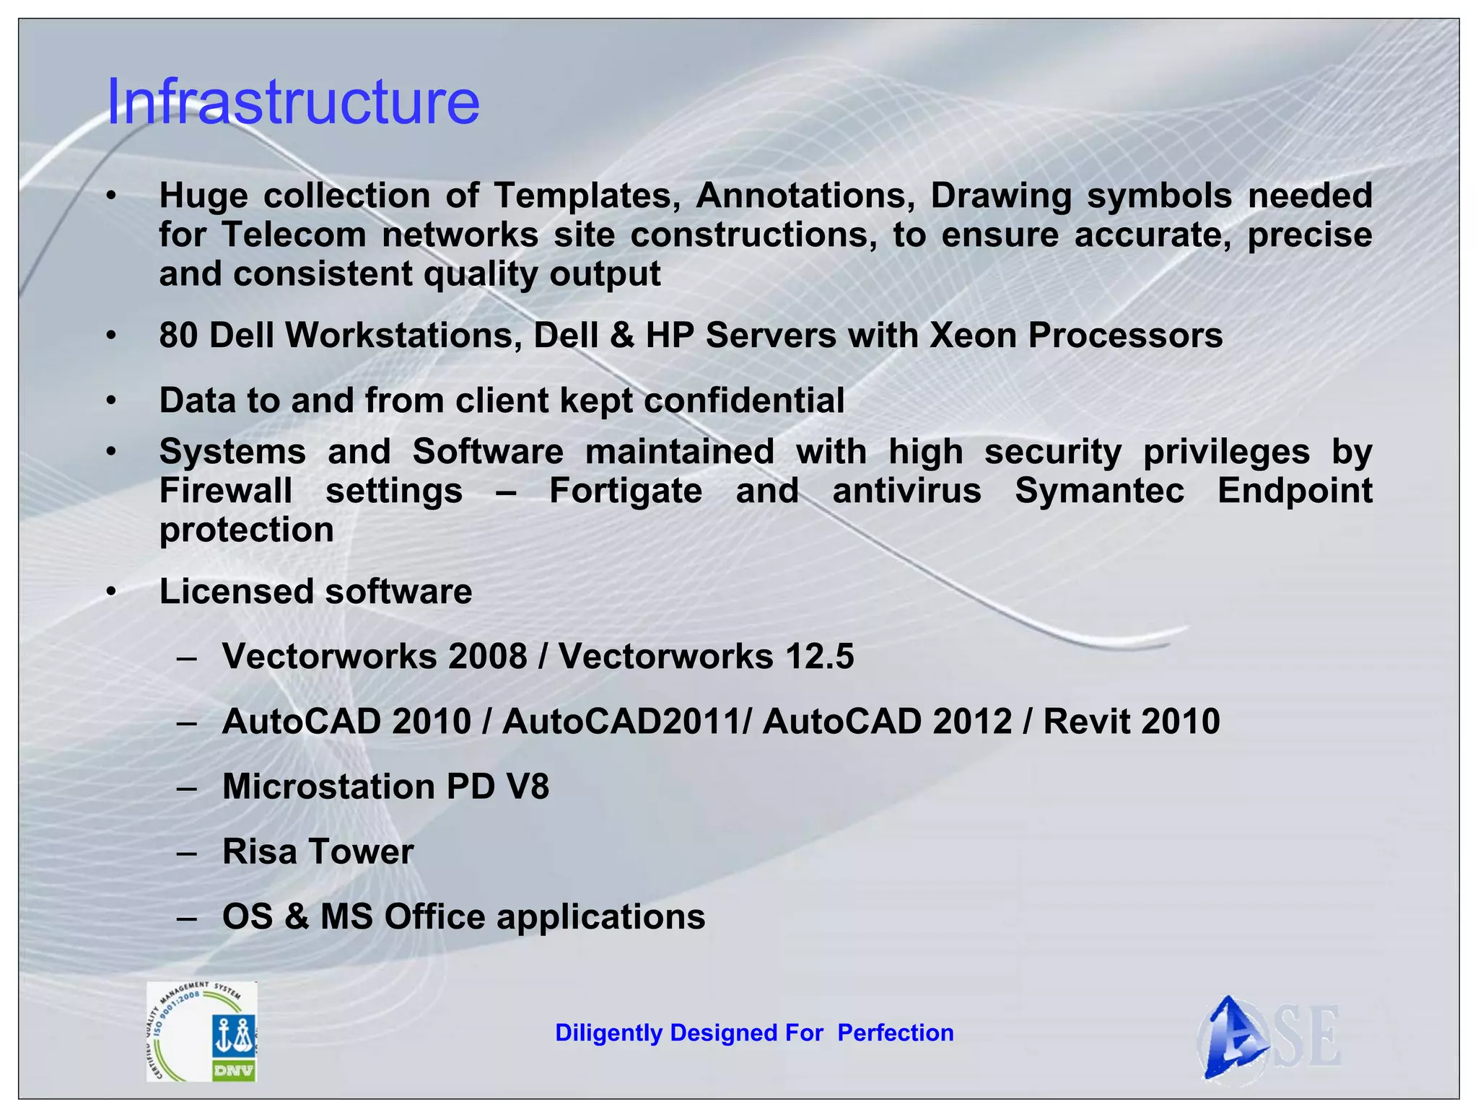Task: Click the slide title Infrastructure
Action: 292,101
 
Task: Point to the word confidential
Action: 743,400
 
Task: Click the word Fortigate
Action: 625,491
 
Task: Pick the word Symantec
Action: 1099,491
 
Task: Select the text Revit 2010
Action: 1131,722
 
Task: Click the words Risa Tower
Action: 318,851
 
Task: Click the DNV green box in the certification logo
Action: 234,1071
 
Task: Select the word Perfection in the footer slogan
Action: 895,1033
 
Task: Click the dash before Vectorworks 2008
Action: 187,658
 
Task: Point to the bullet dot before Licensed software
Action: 110,592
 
